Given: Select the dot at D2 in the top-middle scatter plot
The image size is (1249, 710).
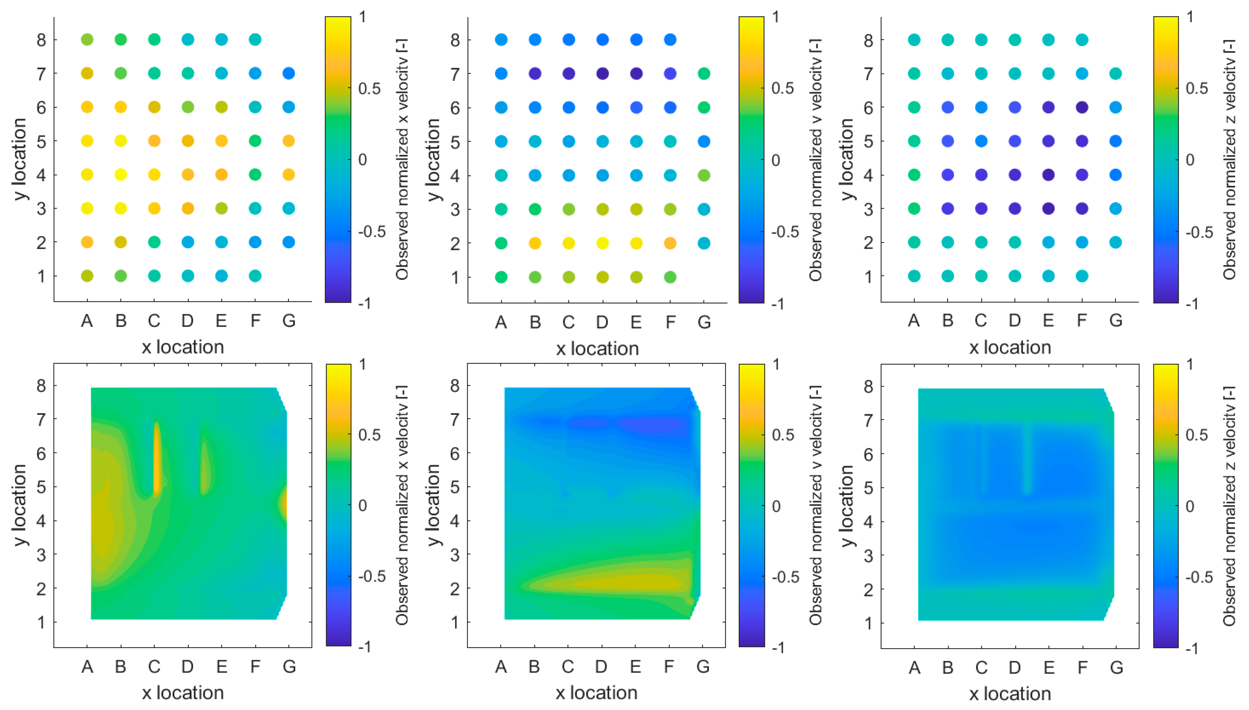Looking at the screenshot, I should [x=602, y=243].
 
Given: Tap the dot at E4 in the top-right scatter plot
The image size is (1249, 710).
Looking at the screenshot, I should [x=1048, y=175].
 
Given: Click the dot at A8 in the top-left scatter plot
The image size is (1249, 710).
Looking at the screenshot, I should [x=87, y=39].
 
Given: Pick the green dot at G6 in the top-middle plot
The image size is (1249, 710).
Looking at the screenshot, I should [x=703, y=107].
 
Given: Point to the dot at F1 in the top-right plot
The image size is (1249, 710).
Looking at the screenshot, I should [x=1082, y=276].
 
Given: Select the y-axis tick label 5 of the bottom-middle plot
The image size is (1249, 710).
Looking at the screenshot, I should [x=454, y=487].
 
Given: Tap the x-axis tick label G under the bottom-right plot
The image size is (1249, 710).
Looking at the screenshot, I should [x=1116, y=667].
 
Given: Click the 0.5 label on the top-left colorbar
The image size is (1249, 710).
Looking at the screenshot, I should [x=369, y=89].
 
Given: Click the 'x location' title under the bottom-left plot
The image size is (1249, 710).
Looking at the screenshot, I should [x=183, y=692].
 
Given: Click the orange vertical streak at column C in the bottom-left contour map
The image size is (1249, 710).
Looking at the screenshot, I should [x=157, y=459].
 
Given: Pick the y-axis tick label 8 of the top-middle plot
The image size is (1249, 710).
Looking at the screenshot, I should [x=455, y=40].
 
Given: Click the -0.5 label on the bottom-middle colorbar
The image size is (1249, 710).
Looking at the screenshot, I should [x=785, y=577].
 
